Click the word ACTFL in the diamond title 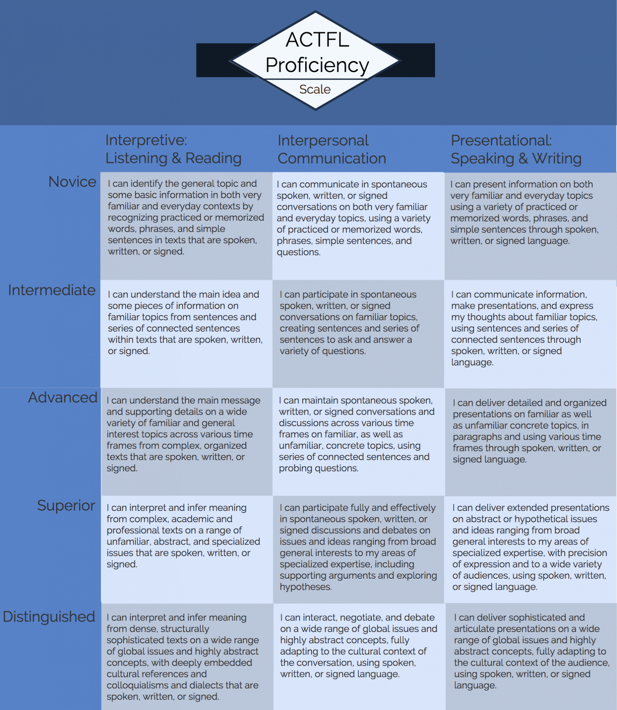[317, 39]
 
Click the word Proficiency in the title [317, 65]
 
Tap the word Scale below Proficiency [315, 89]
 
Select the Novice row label [72, 182]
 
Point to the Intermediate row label [52, 290]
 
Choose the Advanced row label [63, 397]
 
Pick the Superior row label [66, 506]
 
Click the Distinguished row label [49, 617]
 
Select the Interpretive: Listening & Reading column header [173, 149]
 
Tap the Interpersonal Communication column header [332, 149]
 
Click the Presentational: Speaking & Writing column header [516, 149]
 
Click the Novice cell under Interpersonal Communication [358, 226]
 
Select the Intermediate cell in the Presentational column [530, 334]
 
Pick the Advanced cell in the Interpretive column [187, 442]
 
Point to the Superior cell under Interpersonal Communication [358, 549]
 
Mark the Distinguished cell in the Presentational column [531, 657]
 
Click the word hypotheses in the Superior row [305, 587]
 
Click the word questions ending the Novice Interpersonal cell [298, 252]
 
